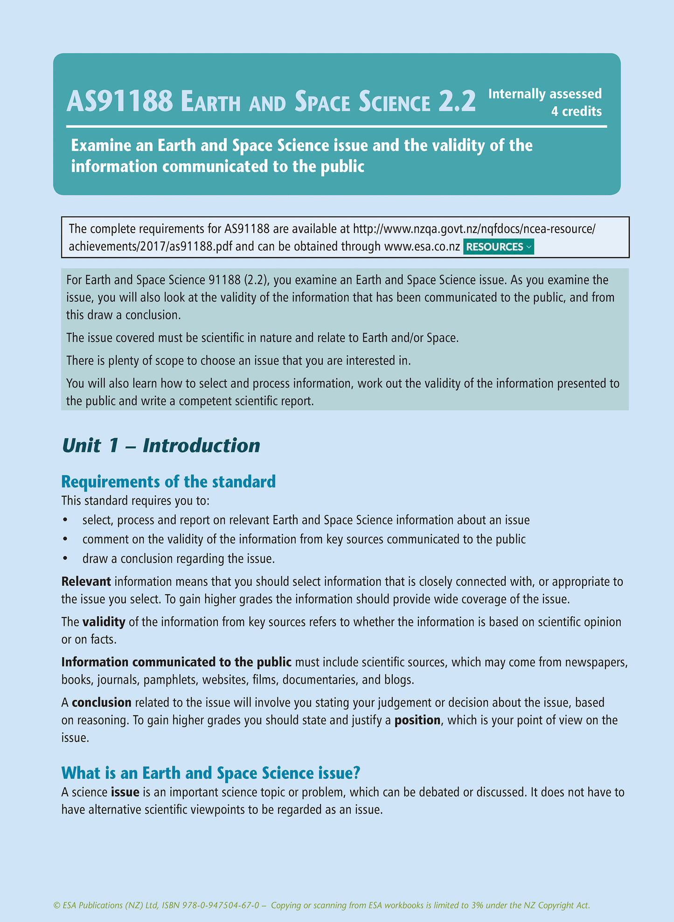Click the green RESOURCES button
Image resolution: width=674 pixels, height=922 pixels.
coord(498,247)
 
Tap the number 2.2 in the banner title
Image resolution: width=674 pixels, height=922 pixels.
coord(457,102)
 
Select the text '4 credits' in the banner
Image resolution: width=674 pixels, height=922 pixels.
coord(576,111)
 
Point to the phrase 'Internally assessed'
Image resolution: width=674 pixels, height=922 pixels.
coord(545,94)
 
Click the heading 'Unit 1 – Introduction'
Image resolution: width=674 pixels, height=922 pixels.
coord(160,446)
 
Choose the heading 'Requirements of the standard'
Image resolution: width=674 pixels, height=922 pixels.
coord(168,481)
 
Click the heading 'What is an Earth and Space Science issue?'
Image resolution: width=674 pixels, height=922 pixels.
coord(211,773)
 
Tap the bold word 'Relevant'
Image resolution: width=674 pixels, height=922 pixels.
coord(86,582)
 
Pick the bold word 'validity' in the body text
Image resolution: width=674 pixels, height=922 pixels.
coord(104,622)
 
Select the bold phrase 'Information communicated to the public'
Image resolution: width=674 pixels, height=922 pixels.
coord(176,662)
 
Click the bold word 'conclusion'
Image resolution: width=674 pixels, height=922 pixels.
coord(102,702)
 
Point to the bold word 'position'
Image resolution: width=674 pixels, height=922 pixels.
coord(417,720)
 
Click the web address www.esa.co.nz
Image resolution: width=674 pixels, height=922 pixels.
coord(422,247)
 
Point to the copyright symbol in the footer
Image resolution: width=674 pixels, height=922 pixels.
coord(57,906)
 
